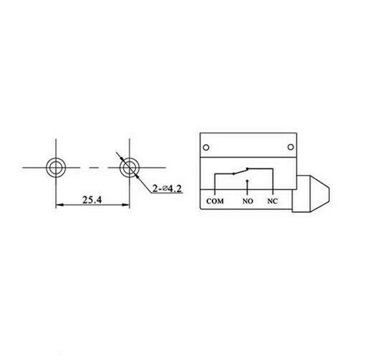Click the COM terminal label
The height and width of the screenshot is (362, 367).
pyautogui.click(x=215, y=201)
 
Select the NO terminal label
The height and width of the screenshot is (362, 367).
pyautogui.click(x=248, y=201)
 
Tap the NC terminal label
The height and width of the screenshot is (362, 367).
pyautogui.click(x=273, y=201)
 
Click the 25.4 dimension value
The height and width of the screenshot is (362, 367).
pyautogui.click(x=91, y=199)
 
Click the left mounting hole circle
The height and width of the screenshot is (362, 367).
pyautogui.click(x=55, y=167)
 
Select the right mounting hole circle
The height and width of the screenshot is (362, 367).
pyautogui.click(x=128, y=167)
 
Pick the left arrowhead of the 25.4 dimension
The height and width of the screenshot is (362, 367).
pyautogui.click(x=59, y=206)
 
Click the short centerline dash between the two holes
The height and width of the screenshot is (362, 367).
pyautogui.click(x=91, y=167)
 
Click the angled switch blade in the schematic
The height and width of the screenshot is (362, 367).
pyautogui.click(x=239, y=172)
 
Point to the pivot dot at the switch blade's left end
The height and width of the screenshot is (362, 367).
pyautogui.click(x=230, y=174)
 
